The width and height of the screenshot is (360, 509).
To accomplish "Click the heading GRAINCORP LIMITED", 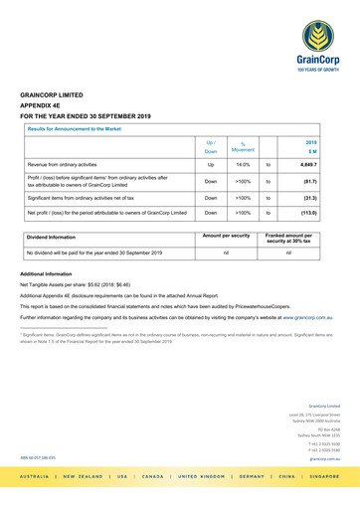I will click(52, 95).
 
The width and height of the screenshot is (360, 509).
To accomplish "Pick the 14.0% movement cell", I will click(242, 163).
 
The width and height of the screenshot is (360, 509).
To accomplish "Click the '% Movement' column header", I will click(242, 146).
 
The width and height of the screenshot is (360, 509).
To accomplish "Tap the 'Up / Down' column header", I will click(210, 146).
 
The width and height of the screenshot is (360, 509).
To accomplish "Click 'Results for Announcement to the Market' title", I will click(75, 129).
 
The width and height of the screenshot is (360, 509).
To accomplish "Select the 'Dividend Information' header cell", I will click(53, 237).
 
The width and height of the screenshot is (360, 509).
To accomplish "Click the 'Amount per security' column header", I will click(225, 235).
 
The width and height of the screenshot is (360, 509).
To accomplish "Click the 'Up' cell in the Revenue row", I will click(210, 163).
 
